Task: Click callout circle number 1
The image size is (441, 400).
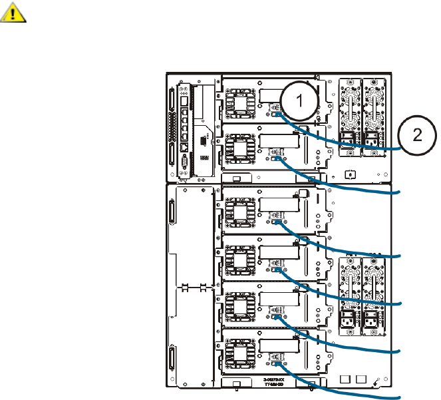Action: (300, 102)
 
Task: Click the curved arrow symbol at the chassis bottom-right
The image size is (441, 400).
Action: (378, 381)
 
